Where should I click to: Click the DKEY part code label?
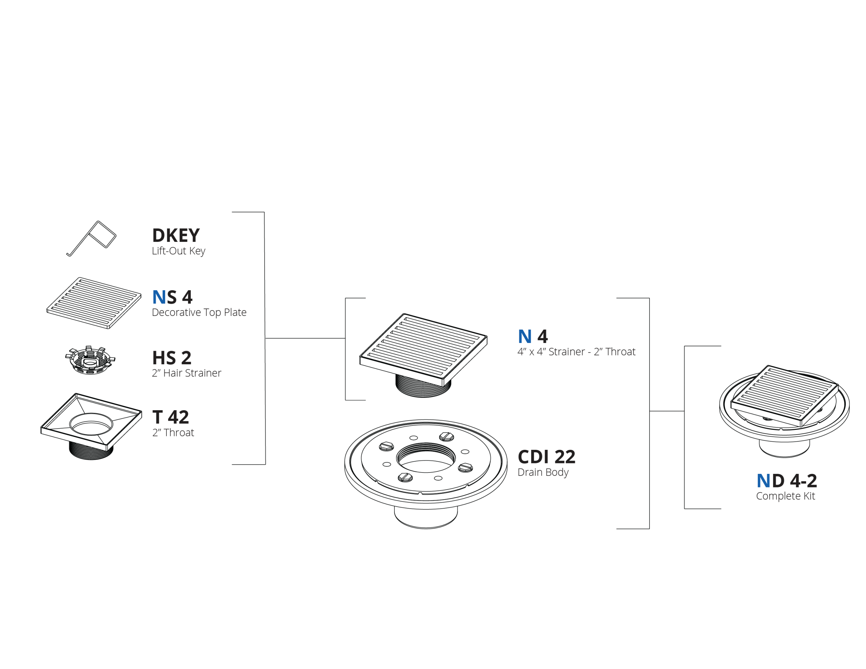click(176, 235)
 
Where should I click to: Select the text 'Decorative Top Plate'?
click(199, 313)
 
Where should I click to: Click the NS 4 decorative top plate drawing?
click(94, 303)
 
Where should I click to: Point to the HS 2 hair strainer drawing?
click(90, 360)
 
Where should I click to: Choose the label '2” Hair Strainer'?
click(186, 373)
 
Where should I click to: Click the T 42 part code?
click(170, 417)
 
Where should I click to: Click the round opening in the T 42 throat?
click(91, 424)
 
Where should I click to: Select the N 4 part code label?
click(533, 337)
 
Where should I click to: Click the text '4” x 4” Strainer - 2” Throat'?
click(576, 352)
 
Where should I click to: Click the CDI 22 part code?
click(546, 457)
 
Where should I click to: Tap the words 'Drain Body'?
click(543, 472)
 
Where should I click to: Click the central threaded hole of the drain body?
click(426, 458)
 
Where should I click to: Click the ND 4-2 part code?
click(787, 481)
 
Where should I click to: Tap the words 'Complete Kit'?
click(785, 496)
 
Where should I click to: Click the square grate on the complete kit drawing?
click(784, 396)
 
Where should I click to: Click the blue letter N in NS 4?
click(159, 297)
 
